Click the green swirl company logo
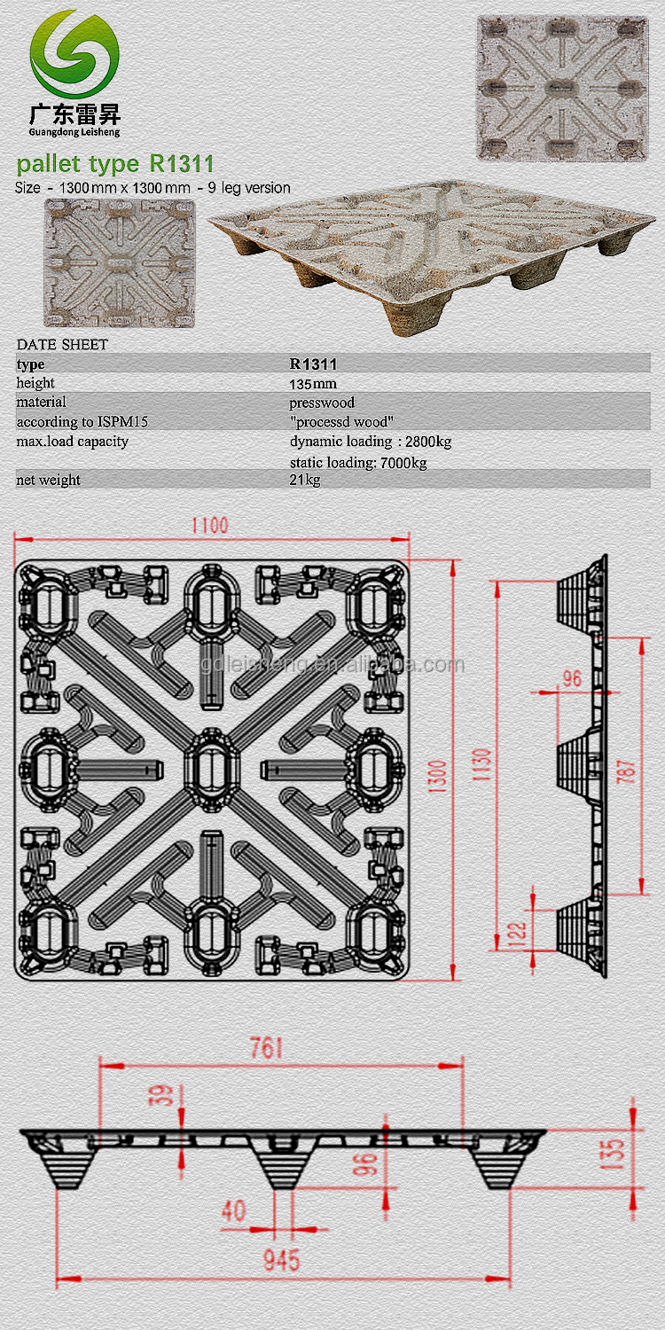click(x=74, y=54)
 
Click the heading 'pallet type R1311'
click(x=115, y=163)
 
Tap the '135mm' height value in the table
click(x=313, y=384)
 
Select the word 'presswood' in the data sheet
click(x=322, y=403)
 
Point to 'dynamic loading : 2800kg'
click(x=371, y=442)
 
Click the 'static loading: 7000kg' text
click(x=358, y=463)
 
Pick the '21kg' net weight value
click(x=305, y=480)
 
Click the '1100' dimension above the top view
click(x=209, y=526)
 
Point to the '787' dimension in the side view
click(x=626, y=771)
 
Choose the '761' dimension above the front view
click(x=266, y=1048)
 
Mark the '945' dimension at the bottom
click(x=281, y=1260)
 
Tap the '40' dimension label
click(x=234, y=1210)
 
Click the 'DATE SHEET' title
click(x=62, y=344)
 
